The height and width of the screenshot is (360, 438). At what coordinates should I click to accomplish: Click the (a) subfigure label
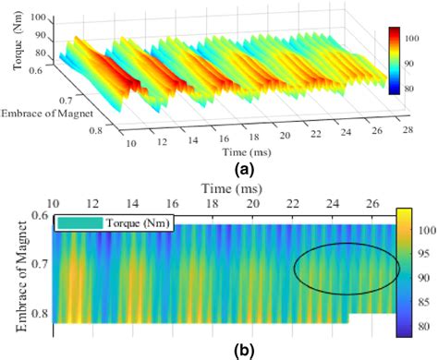(x=218, y=169)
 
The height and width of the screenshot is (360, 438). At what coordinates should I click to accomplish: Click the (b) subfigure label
(x=218, y=350)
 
